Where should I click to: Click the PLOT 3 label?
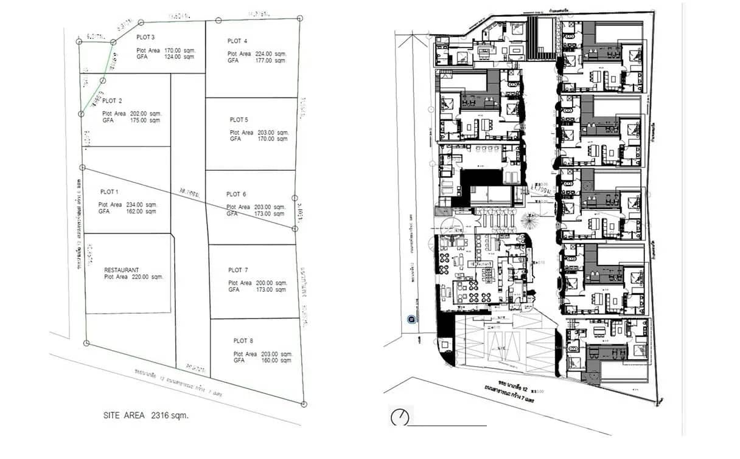point(145,38)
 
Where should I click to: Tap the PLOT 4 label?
point(237,41)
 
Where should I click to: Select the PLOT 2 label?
point(112,101)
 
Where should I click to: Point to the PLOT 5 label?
point(239,120)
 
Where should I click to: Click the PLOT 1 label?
point(108,192)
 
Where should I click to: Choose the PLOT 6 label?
point(236,195)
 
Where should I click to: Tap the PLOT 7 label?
point(238,270)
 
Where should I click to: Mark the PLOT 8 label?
point(243,341)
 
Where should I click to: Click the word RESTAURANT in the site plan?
point(122,270)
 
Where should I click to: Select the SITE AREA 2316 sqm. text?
point(145,416)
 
